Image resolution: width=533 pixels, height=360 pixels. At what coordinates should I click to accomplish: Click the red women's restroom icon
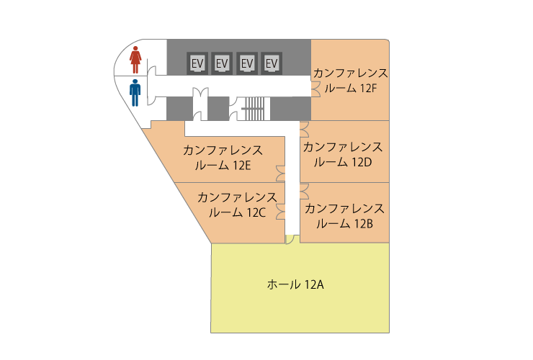pyautogui.click(x=135, y=60)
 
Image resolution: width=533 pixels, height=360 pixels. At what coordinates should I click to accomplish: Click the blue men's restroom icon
pyautogui.click(x=135, y=93)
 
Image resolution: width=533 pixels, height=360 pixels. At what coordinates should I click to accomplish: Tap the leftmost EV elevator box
pyautogui.click(x=197, y=63)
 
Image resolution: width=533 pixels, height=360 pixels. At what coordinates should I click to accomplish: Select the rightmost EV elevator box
pyautogui.click(x=272, y=63)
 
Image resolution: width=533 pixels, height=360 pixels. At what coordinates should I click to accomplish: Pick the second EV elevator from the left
pyautogui.click(x=222, y=63)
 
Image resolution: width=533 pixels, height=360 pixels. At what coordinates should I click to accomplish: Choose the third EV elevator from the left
pyautogui.click(x=247, y=63)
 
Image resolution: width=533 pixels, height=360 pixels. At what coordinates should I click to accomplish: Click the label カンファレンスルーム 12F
pyautogui.click(x=351, y=81)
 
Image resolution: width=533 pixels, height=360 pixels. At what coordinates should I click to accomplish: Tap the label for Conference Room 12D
pyautogui.click(x=343, y=155)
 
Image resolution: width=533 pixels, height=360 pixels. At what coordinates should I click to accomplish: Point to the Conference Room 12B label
pyautogui.click(x=344, y=216)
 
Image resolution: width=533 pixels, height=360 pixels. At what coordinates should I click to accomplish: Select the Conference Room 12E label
pyautogui.click(x=223, y=158)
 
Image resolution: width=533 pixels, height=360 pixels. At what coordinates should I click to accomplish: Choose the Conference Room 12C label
pyautogui.click(x=237, y=205)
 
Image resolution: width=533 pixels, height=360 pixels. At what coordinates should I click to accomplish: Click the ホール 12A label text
pyautogui.click(x=295, y=284)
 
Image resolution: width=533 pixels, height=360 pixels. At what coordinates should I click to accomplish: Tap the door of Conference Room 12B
pyautogui.click(x=304, y=192)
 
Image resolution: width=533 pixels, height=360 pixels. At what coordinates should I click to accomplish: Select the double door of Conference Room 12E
pyautogui.click(x=280, y=174)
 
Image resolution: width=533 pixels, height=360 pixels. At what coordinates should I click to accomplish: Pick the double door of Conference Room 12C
pyautogui.click(x=280, y=212)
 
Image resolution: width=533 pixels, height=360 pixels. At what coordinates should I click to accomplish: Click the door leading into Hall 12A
pyautogui.click(x=290, y=239)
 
